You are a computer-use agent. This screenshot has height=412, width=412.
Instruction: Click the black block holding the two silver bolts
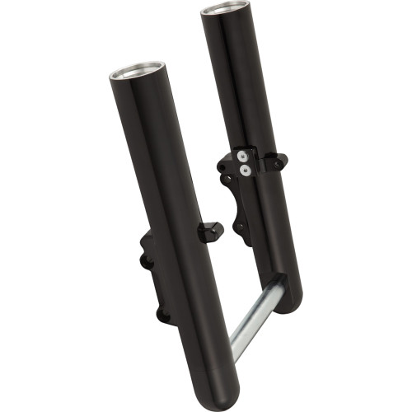coord(245,162)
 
